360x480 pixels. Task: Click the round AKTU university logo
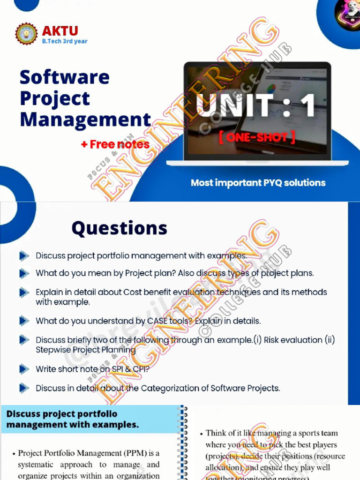(26, 34)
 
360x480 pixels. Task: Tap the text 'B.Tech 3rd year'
(65, 41)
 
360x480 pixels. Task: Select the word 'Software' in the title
(64, 77)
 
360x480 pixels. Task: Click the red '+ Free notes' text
(115, 144)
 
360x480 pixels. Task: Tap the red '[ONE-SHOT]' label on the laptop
(257, 137)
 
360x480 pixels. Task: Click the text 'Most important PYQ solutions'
(258, 183)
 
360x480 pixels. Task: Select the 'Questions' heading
(119, 228)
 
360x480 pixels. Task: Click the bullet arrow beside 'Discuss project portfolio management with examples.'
(24, 256)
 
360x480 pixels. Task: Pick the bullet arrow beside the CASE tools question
(24, 321)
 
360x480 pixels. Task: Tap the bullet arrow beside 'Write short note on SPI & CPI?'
(24, 369)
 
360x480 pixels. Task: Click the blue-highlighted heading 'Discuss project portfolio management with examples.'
(73, 420)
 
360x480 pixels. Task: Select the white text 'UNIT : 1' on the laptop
(256, 105)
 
